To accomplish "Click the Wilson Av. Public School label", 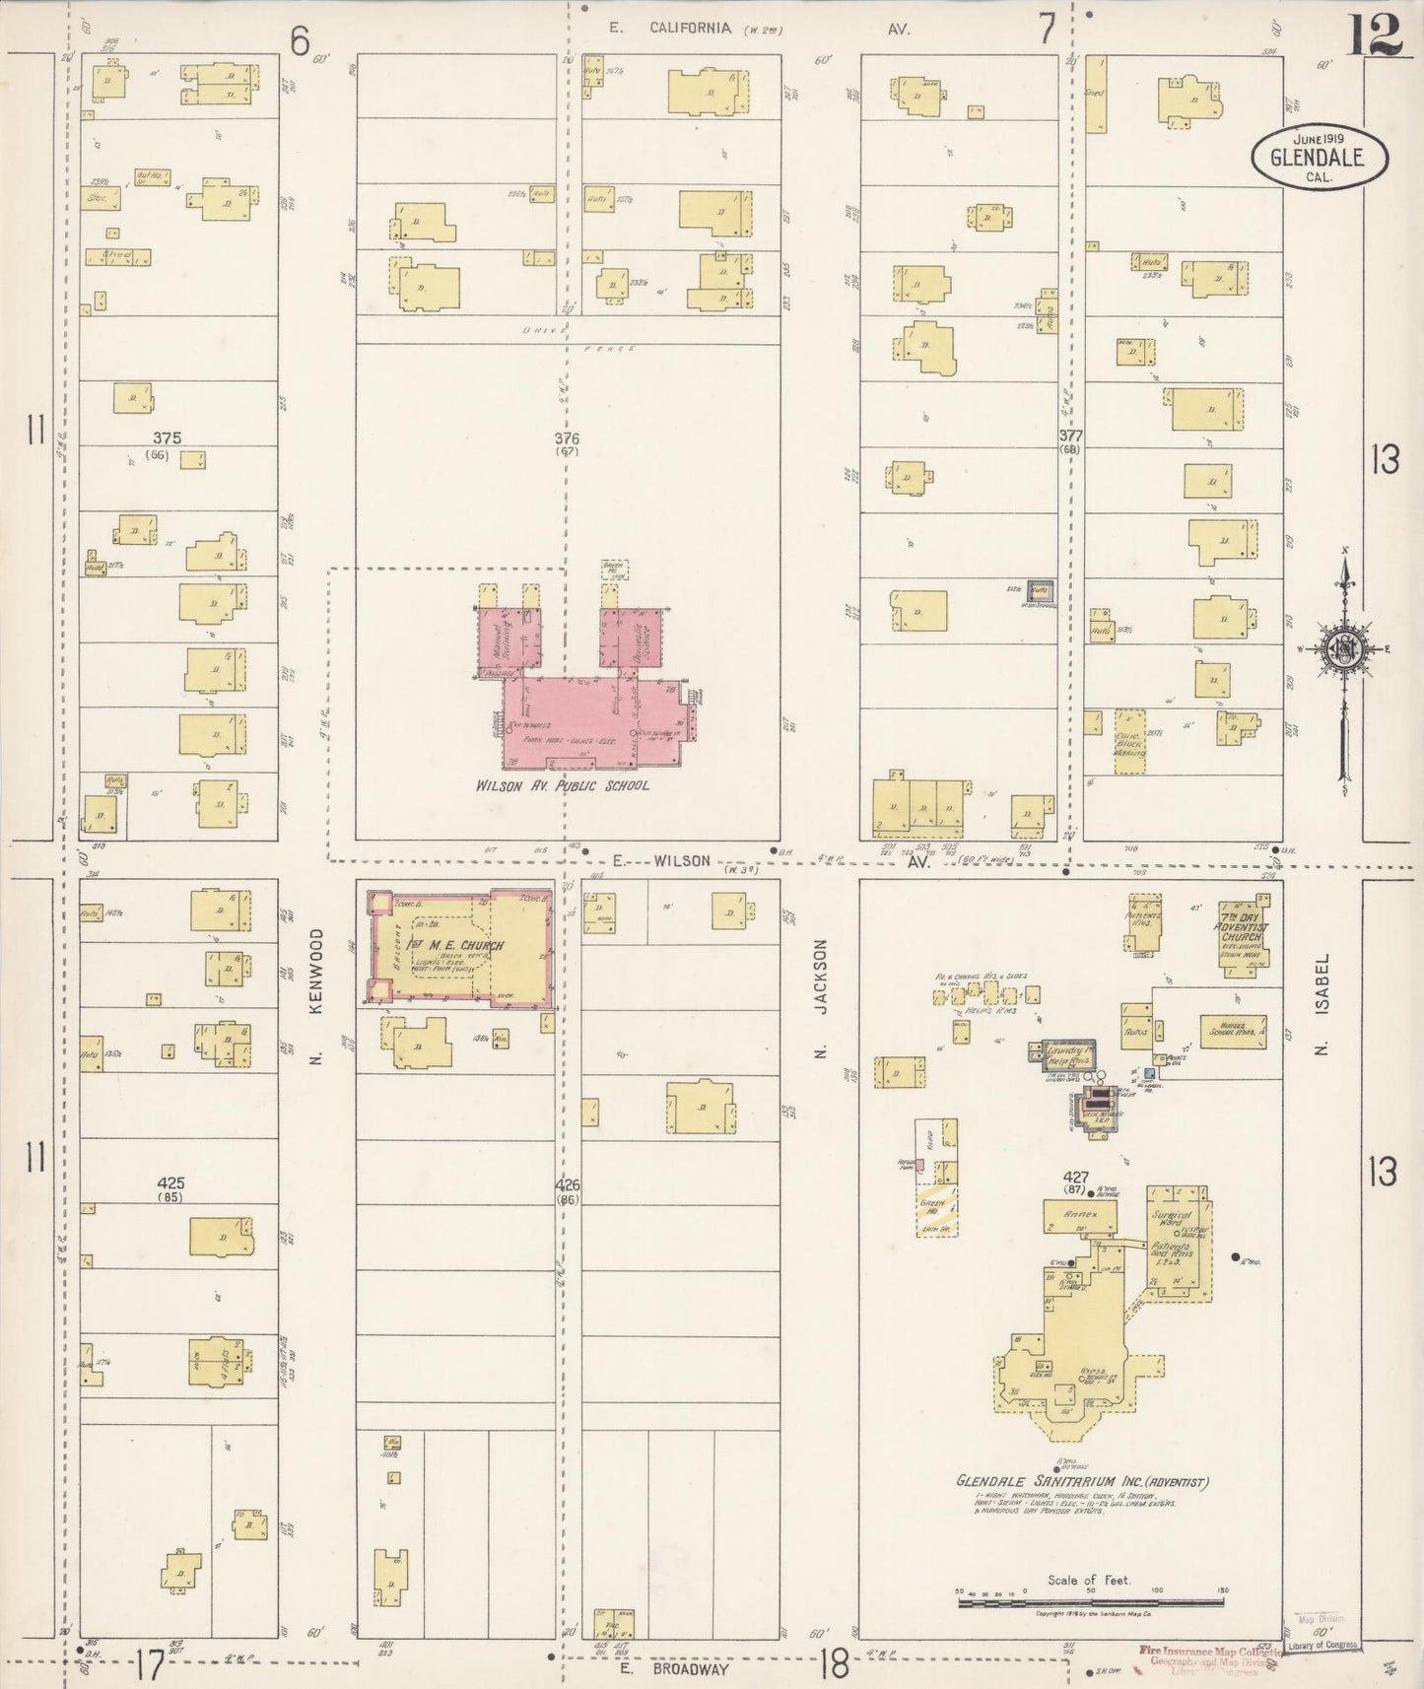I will [x=562, y=785].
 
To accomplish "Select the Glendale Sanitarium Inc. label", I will [x=1082, y=1481].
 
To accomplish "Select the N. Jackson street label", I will [x=819, y=998].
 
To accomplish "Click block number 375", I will [x=167, y=438].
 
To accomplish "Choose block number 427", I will [x=1075, y=1177].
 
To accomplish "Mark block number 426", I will [x=567, y=1185].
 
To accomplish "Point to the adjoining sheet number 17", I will [x=150, y=1665].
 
